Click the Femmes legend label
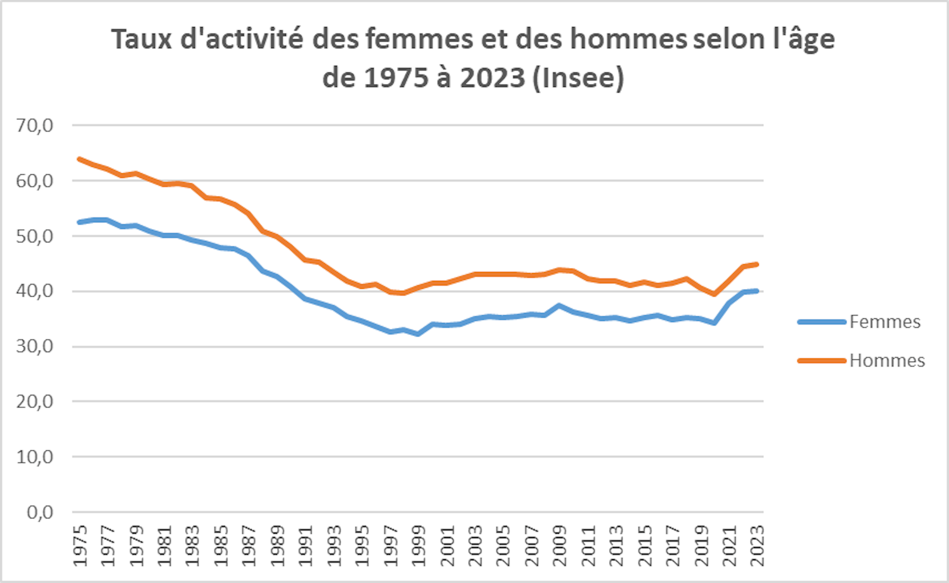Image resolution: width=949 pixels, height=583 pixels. tap(885, 322)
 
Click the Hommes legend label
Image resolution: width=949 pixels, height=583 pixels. tap(887, 360)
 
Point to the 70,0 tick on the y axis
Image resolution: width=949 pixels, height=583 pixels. tap(35, 125)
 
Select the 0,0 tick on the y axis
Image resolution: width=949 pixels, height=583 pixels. tap(40, 512)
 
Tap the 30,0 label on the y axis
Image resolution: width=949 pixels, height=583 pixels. tap(35, 347)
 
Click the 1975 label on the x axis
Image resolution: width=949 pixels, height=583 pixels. tap(80, 546)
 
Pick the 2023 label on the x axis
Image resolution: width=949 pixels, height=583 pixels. tap(757, 546)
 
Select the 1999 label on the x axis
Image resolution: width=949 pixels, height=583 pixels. tap(419, 546)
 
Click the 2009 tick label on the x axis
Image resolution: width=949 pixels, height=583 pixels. tap(560, 546)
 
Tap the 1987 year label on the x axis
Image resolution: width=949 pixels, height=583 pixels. tap(249, 546)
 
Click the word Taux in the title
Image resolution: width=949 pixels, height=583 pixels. tap(141, 39)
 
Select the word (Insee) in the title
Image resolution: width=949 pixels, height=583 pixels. tap(578, 78)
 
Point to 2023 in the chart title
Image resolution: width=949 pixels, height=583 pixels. tap(492, 78)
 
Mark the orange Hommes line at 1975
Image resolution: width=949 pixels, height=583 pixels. tap(80, 159)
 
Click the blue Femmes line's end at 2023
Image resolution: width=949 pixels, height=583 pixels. tap(757, 291)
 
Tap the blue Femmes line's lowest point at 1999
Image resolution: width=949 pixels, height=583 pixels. tap(418, 334)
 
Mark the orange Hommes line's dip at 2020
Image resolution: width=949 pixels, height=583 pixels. tap(714, 294)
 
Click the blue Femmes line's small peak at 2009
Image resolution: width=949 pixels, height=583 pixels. tap(559, 306)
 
